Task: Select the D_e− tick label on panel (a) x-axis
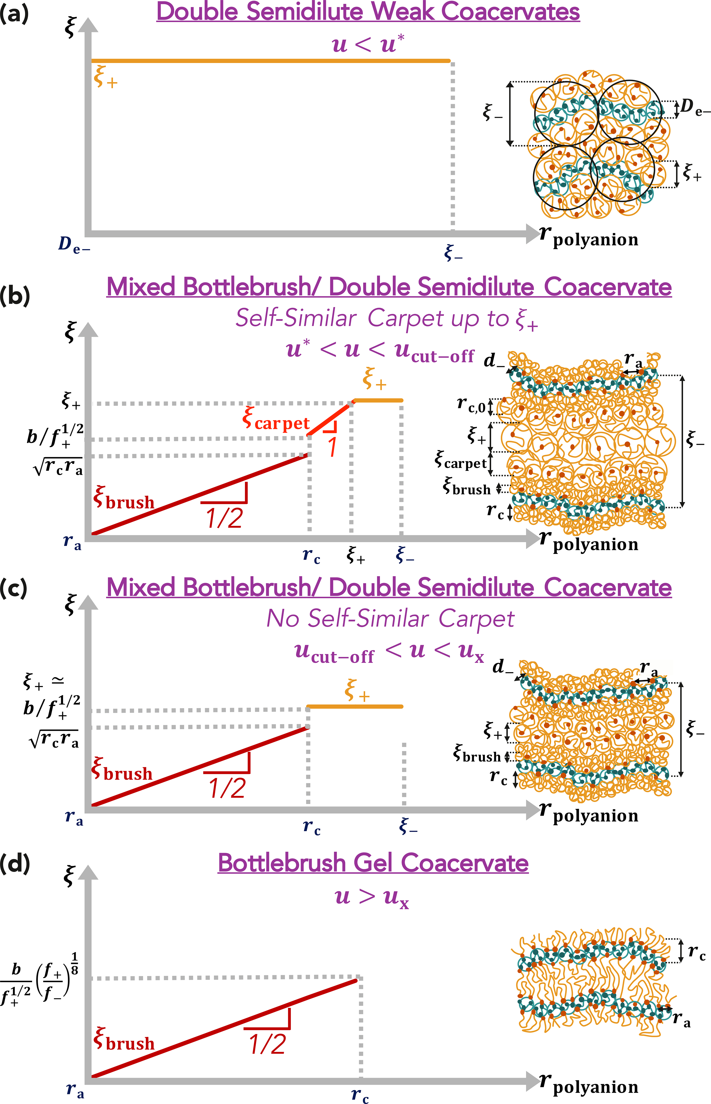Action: (x=74, y=245)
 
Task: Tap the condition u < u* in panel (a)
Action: (x=368, y=44)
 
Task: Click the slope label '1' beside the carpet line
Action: (x=332, y=447)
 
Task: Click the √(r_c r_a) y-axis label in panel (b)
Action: (x=58, y=468)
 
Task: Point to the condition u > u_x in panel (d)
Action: (x=372, y=897)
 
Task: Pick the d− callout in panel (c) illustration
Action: (x=502, y=667)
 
